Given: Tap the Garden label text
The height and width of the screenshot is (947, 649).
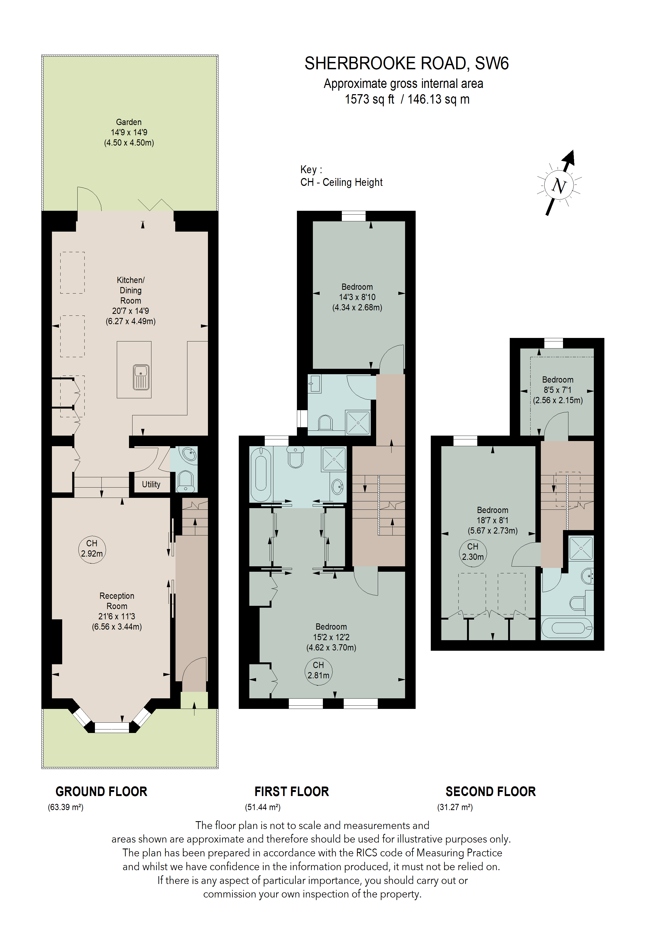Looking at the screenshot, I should [129, 122].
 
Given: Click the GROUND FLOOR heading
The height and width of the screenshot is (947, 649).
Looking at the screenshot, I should [101, 791].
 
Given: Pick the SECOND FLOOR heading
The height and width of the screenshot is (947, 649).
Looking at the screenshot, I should [491, 791].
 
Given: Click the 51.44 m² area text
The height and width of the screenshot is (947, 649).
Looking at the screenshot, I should [263, 807].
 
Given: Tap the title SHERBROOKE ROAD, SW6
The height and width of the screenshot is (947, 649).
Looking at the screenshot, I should [406, 64].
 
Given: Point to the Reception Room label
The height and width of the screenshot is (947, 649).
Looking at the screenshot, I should [117, 601].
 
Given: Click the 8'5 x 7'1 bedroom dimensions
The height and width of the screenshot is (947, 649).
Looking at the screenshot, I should [557, 390].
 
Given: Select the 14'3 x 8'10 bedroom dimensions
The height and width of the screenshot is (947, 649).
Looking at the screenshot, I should [357, 297].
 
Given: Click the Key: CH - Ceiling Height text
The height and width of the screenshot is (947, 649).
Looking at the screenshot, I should [341, 176].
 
